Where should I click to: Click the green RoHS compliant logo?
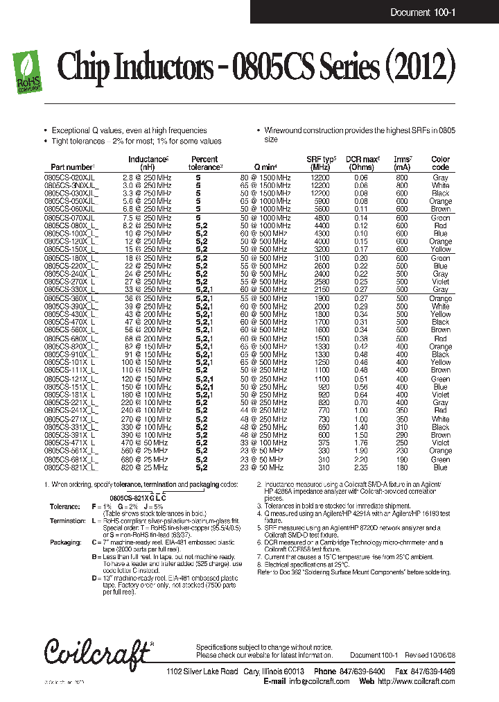pyautogui.click(x=28, y=72)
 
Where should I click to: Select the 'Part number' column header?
pyautogui.click(x=72, y=167)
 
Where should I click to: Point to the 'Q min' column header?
pyautogui.click(x=265, y=167)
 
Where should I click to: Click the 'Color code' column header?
pyautogui.click(x=440, y=163)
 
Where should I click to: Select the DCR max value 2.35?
pyautogui.click(x=360, y=468)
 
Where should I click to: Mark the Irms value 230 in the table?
pyautogui.click(x=402, y=451)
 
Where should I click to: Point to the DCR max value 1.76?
pyautogui.click(x=360, y=443)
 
